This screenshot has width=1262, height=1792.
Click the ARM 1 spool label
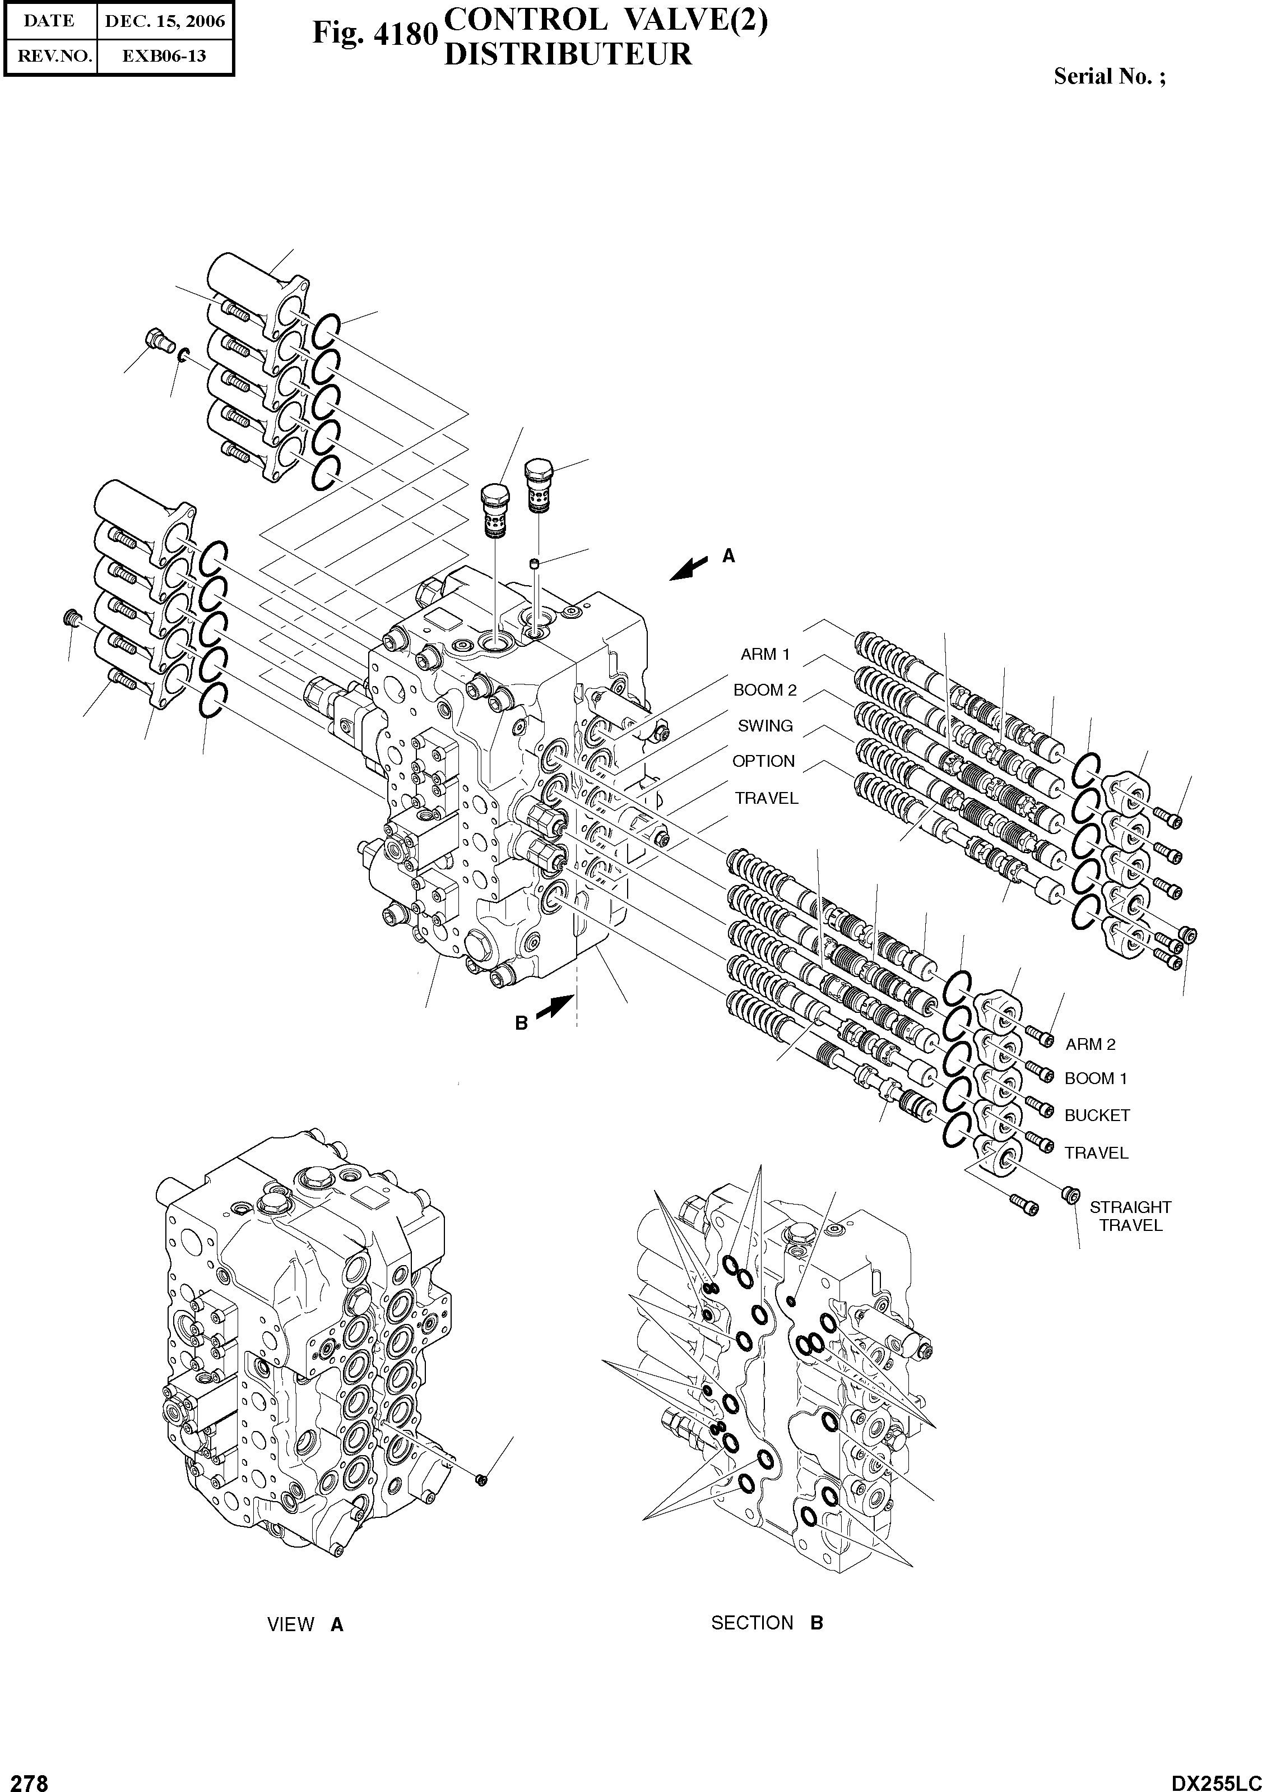pos(765,654)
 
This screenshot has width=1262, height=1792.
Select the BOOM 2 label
pos(765,690)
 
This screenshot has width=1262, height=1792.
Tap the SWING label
pos(765,726)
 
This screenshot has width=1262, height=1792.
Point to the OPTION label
pos(763,761)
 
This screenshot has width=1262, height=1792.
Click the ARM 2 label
pos(1091,1044)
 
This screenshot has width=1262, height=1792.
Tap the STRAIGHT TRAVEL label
pos(1130,1216)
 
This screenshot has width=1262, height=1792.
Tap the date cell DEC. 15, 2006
pos(165,22)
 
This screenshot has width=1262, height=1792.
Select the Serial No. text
pos(1109,76)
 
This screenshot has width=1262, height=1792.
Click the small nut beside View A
pos(481,1478)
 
